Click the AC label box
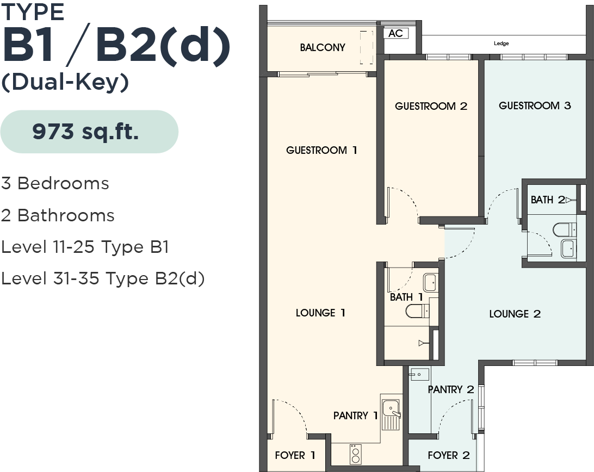tap(396, 33)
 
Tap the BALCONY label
tap(323, 47)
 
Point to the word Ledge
tap(501, 44)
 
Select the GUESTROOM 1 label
tap(321, 151)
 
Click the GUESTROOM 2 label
tap(431, 106)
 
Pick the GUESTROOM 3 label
tap(535, 105)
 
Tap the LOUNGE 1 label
tap(320, 313)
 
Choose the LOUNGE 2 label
tap(515, 314)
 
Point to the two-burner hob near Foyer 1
tap(355, 454)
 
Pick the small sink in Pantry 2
tap(419, 374)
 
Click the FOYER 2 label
tap(449, 455)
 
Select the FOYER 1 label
tap(295, 455)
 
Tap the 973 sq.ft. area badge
tap(89, 132)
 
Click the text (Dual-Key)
tap(65, 82)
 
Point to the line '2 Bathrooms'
tap(58, 215)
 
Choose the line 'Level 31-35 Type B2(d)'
tap(103, 279)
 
